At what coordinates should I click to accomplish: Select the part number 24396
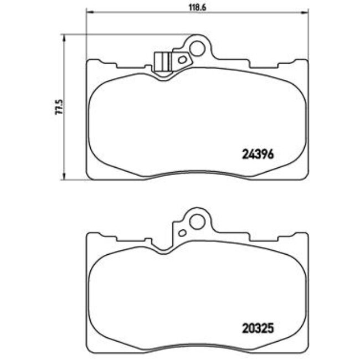pyautogui.click(x=258, y=155)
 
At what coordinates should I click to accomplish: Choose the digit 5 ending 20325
pyautogui.click(x=271, y=328)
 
